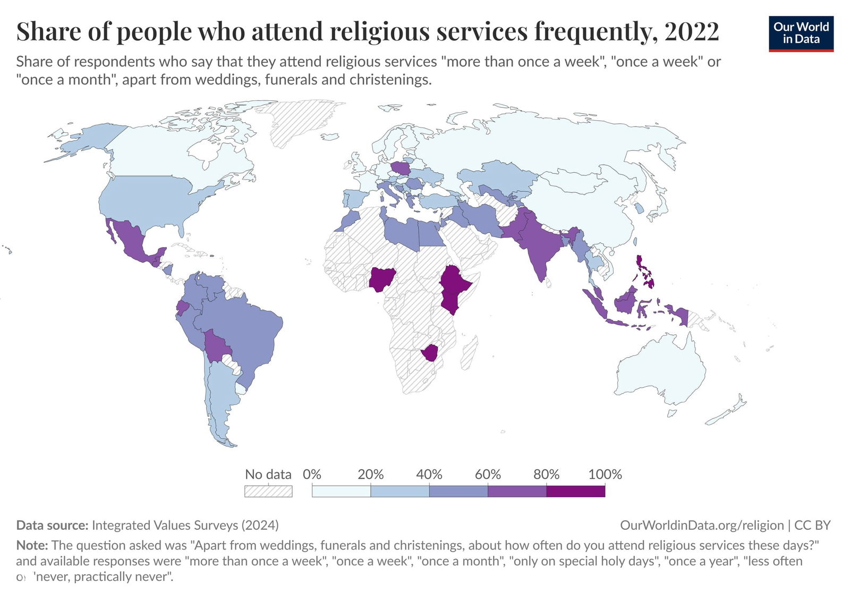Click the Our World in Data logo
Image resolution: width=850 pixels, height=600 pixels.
801,33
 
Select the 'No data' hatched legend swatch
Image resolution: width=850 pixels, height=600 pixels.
268,491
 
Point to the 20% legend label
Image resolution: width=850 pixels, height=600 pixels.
370,474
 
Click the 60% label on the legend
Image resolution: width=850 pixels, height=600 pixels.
488,474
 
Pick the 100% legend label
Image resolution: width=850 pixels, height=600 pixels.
605,474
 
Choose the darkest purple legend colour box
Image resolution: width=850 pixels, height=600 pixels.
575,491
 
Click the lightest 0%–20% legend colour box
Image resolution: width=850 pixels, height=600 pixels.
341,491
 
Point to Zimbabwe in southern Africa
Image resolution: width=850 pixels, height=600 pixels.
429,352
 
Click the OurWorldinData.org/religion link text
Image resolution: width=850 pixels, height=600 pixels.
702,525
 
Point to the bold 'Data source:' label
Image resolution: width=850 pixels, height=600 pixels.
52,525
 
